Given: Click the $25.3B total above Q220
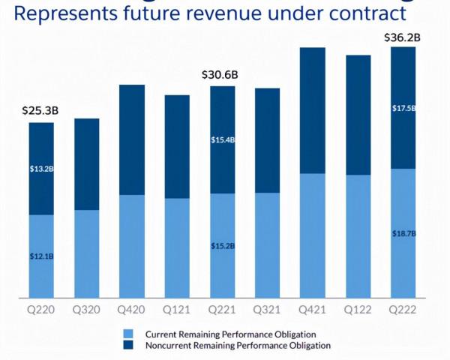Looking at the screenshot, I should pos(40,111).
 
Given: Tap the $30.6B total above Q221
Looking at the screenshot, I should pos(220,74).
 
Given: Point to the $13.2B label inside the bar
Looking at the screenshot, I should pos(41,169).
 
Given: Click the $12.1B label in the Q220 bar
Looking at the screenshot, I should pos(41,256).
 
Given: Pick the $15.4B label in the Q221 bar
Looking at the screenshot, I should pos(222,139).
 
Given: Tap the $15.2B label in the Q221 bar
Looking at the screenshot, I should pos(222,245).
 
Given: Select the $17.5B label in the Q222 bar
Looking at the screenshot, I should pos(403,109).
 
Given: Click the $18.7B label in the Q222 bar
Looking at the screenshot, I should pos(403,234).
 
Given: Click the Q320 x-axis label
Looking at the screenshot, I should pos(86,308).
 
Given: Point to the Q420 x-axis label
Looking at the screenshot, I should pos(132,308).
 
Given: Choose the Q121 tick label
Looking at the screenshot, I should pos(177,308).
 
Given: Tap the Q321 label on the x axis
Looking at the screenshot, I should pos(267,308).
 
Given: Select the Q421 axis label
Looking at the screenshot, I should pos(313,308).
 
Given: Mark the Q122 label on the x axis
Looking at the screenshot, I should pos(358,308).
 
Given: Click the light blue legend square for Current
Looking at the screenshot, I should pos(129,333).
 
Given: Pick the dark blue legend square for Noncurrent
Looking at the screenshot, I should pos(129,346).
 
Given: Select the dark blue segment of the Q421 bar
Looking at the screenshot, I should pos(313,110).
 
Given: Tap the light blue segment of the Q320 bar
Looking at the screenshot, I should pos(86,253).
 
